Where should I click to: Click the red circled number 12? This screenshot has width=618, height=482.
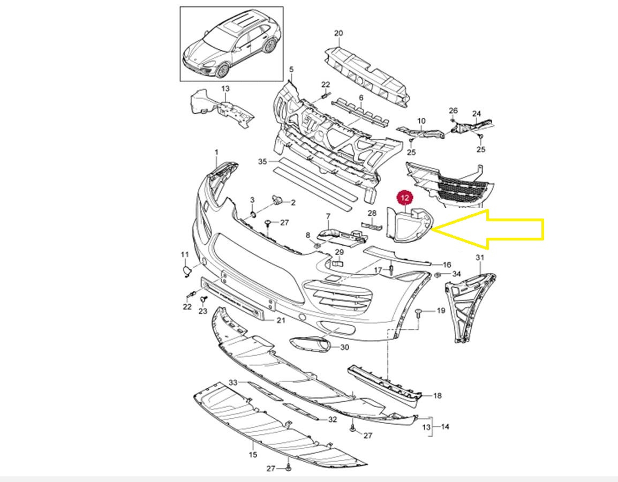(x=405, y=198)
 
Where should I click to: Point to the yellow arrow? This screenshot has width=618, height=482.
(x=489, y=229)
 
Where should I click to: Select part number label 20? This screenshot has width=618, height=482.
(x=338, y=34)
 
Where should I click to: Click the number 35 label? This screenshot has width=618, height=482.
(x=262, y=162)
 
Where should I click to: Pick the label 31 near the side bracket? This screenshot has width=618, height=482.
(x=480, y=258)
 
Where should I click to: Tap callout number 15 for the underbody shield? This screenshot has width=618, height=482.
(x=253, y=454)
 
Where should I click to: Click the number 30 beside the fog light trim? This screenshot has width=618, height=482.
(x=344, y=347)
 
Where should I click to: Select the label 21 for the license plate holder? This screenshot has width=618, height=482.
(x=281, y=320)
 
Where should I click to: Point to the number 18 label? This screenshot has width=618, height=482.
(x=438, y=396)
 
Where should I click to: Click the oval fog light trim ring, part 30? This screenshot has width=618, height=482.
(x=311, y=343)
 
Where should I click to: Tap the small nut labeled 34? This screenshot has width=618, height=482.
(x=438, y=274)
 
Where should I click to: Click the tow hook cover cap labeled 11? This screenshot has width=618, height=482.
(x=187, y=270)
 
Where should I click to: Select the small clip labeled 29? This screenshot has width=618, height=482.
(x=338, y=263)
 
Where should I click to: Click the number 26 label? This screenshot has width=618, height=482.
(x=453, y=111)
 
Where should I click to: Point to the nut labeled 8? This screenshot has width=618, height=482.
(x=317, y=245)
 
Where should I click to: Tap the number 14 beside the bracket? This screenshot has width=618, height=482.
(x=445, y=427)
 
